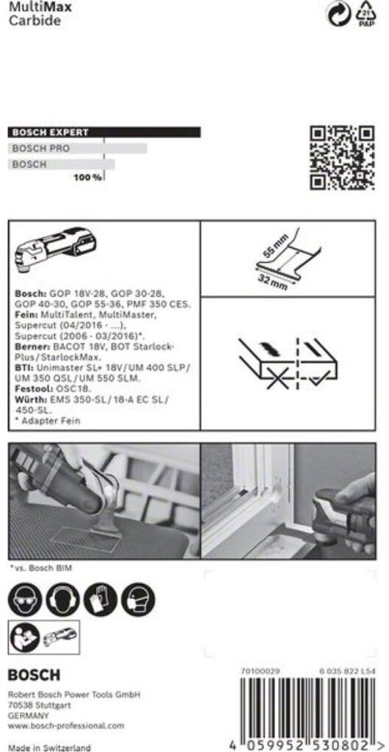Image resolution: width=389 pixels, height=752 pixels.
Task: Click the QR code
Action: click(341, 159)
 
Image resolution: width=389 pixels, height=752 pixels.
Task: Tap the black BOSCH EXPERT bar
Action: click(104, 132)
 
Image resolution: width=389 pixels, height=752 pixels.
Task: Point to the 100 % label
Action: click(87, 178)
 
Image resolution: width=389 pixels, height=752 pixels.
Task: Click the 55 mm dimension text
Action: click(275, 250)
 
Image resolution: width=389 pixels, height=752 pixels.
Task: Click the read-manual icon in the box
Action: click(25, 637)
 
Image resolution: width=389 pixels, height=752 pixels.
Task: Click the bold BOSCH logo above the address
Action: click(34, 676)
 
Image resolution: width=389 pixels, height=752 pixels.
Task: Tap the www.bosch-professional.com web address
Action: click(66, 726)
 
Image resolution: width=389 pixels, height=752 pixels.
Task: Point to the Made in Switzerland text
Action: click(49, 747)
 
